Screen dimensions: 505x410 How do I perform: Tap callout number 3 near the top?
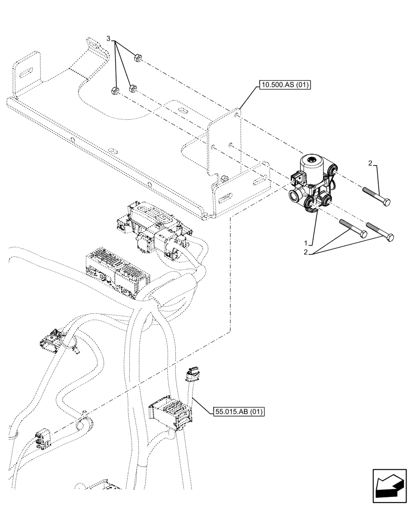[108, 39]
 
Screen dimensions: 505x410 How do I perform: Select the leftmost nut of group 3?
[114, 91]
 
